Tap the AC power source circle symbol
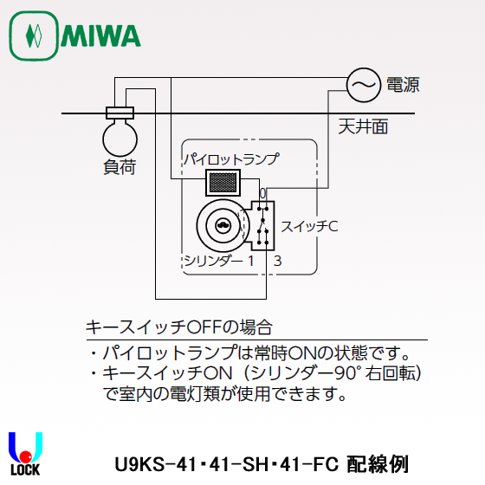point(363,84)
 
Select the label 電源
point(403,84)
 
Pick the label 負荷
point(119,167)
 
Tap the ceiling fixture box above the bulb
point(119,112)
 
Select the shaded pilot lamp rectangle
point(223,182)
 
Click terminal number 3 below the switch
point(277,260)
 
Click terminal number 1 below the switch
point(250,260)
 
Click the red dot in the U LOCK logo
point(26,454)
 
